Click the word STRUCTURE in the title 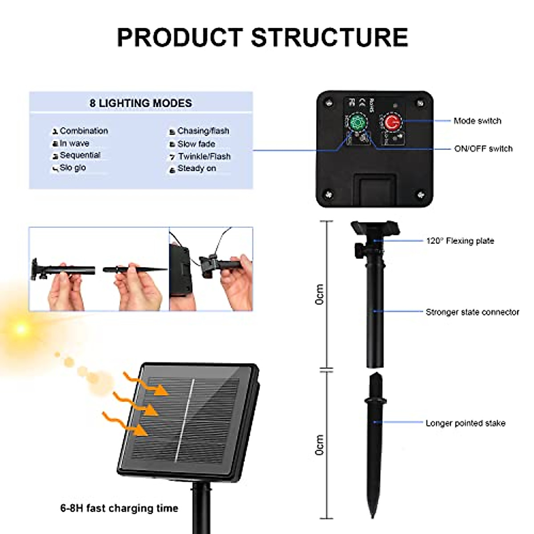click(330, 37)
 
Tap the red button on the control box click(392, 122)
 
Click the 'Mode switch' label click(477, 121)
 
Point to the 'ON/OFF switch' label click(483, 149)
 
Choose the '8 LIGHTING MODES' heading click(141, 103)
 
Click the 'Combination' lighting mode click(84, 131)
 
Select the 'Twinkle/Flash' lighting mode click(204, 156)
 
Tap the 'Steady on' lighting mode click(196, 168)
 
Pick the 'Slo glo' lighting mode click(73, 168)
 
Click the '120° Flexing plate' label click(460, 241)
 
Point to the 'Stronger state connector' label click(472, 312)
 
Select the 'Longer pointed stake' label click(465, 423)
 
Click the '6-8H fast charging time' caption click(119, 508)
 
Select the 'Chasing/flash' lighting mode click(203, 131)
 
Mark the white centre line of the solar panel click(185, 418)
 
